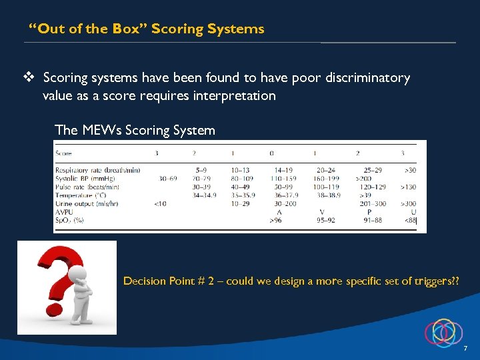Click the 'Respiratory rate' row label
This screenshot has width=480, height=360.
point(97,170)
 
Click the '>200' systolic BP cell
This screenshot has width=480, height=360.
point(363,179)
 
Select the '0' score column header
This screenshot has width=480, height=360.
point(272,153)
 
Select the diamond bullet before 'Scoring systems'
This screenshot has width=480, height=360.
point(29,78)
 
